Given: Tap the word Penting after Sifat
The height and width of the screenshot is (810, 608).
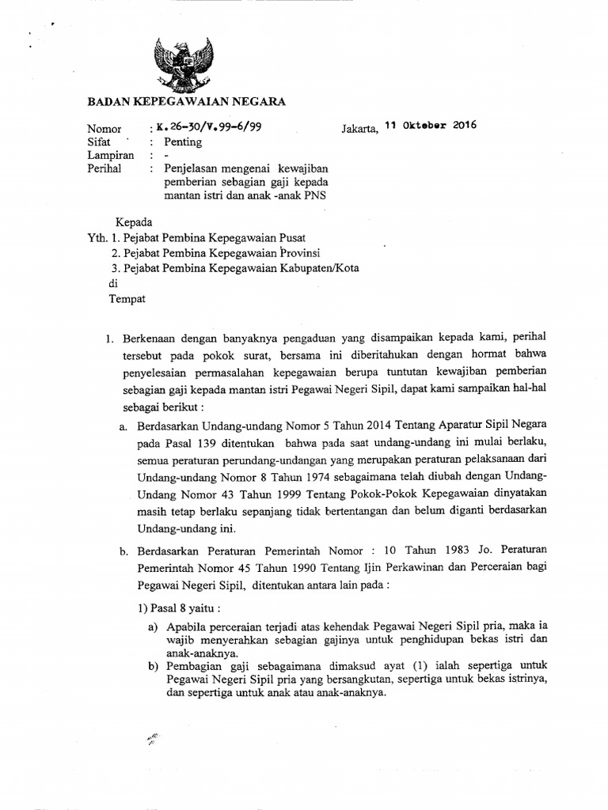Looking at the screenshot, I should (183, 142).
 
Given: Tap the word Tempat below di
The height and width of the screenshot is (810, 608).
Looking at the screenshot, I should (127, 298).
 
